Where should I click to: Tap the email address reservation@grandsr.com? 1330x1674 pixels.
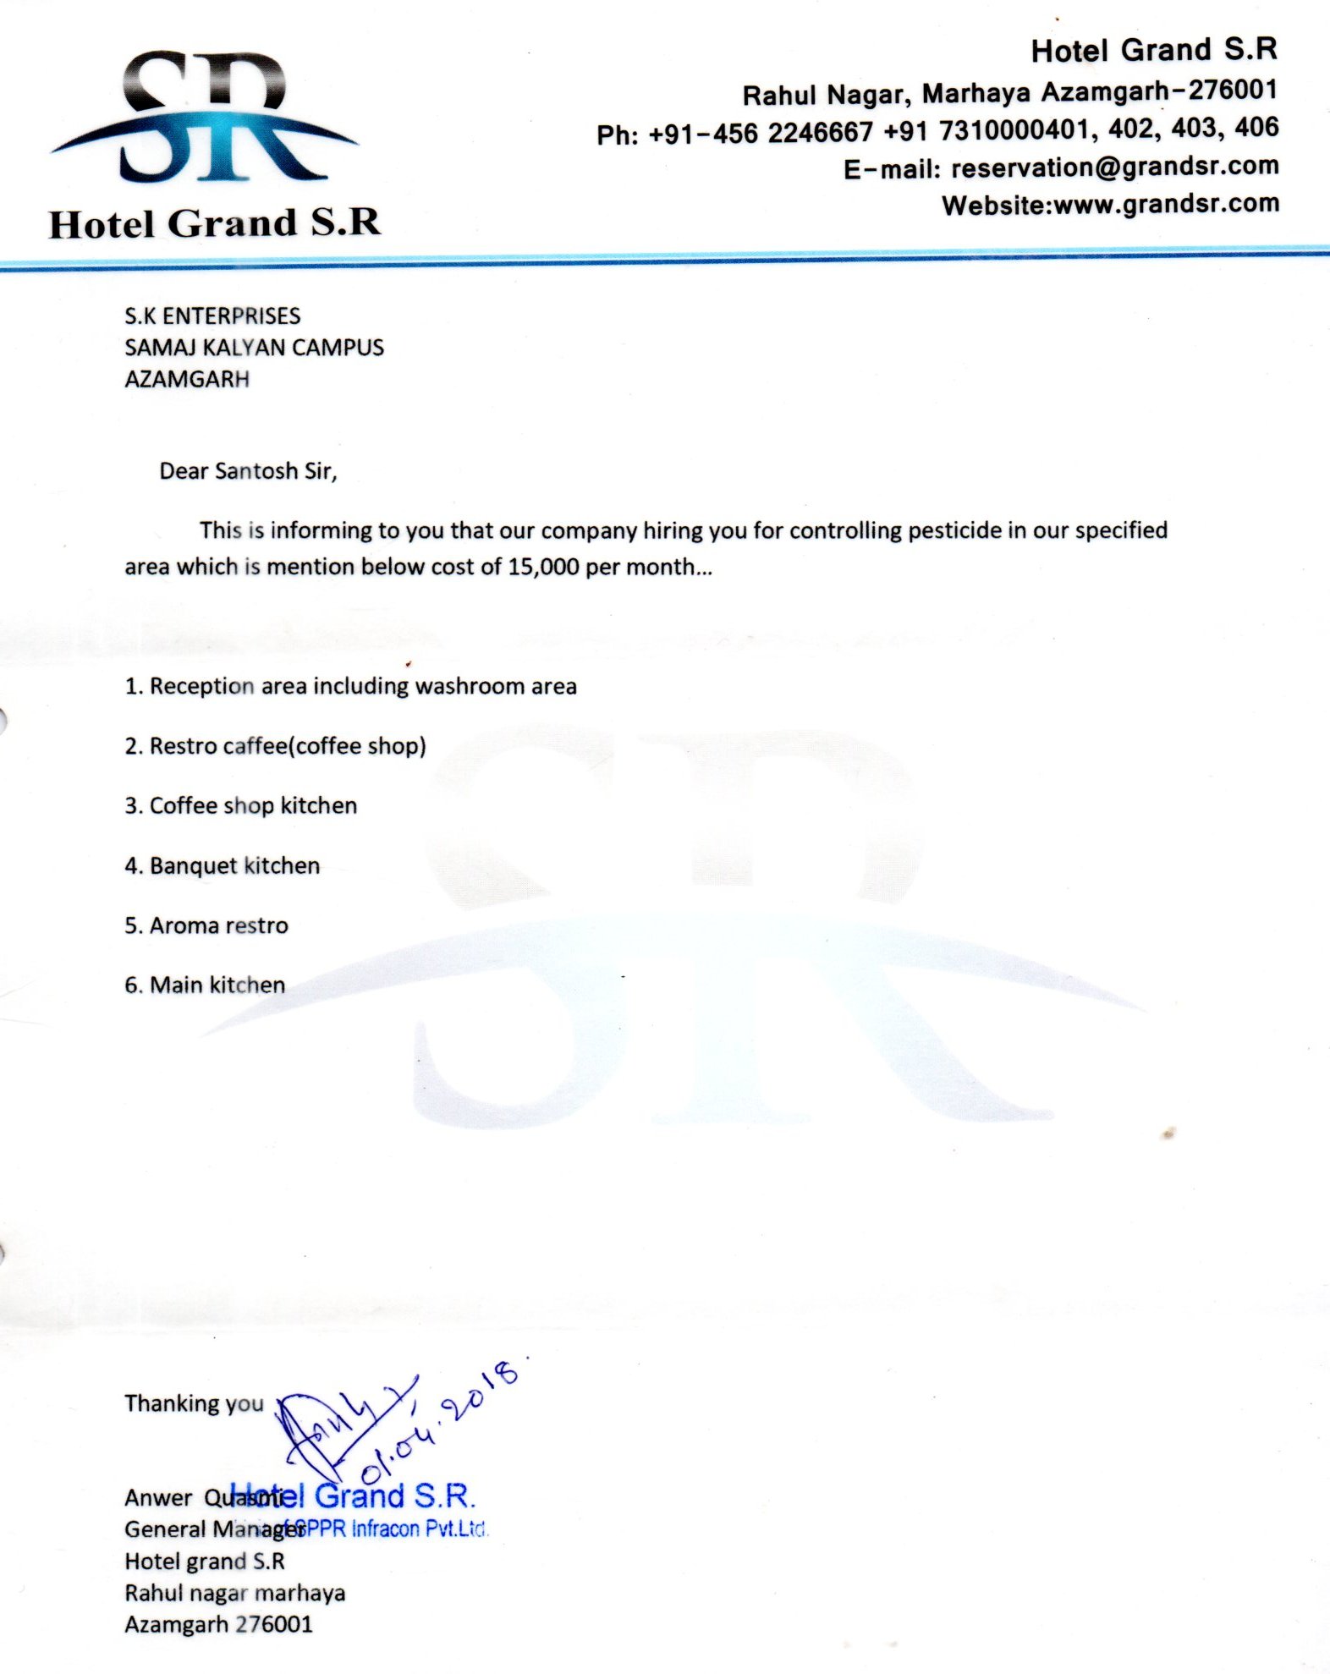pos(1114,167)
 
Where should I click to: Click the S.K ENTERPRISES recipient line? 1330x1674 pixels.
pos(212,316)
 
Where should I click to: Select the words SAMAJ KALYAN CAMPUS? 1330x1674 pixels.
pos(254,348)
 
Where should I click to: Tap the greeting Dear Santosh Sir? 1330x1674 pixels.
pos(248,471)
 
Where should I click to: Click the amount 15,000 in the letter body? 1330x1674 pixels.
pos(543,567)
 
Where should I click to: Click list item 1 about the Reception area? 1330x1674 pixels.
pos(350,686)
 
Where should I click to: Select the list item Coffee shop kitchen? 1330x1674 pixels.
pos(240,805)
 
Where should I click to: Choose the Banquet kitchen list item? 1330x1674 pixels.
pos(222,865)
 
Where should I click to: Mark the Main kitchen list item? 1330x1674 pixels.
pos(205,985)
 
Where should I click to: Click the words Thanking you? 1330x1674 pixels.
pos(194,1403)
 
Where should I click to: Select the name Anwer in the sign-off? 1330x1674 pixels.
pos(158,1498)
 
